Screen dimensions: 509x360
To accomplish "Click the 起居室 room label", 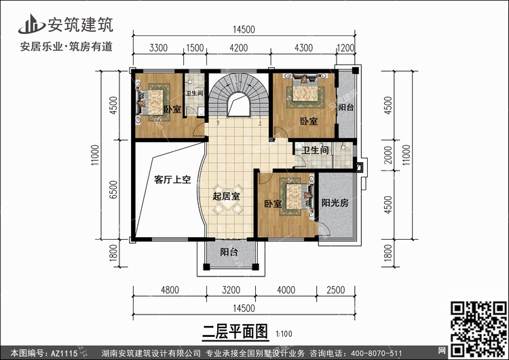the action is coord(226,196).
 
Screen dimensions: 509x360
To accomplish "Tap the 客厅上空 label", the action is coord(172,179).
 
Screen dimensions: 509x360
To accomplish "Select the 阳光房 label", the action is coord(335,203).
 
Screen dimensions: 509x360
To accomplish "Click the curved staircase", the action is coord(239,95).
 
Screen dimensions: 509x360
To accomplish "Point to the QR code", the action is coord(478,329).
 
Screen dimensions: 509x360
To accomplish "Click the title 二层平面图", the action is coord(235,331).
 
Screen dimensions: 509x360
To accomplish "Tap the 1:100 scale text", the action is coord(284,334).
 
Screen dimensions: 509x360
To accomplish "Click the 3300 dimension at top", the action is coord(158,48).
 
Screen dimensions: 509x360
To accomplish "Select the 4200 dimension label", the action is coord(239,48).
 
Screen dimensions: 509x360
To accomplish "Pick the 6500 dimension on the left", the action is coord(113,190).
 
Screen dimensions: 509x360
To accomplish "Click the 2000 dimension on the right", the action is coord(388,155).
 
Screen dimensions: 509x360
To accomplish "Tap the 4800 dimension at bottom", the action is coord(170,290).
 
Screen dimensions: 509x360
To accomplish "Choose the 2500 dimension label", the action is coord(336,290).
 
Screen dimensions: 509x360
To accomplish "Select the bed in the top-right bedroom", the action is coord(305,91).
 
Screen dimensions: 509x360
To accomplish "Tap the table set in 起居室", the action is coord(228,200).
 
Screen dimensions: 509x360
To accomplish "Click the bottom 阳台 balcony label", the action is coord(229,252).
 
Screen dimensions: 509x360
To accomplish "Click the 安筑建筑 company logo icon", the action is coord(31,24).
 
